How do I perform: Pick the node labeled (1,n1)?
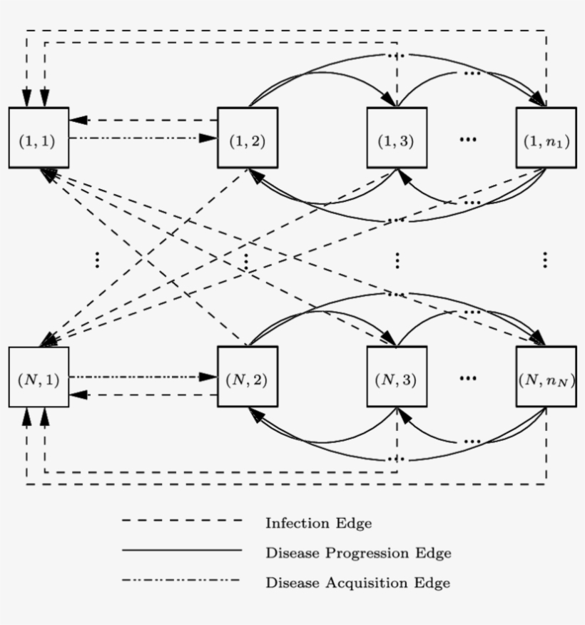pos(546,138)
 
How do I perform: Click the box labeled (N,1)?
pos(39,377)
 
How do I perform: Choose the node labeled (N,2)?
pos(248,377)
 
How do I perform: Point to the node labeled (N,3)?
pos(397,377)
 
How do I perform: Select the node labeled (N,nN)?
pos(546,377)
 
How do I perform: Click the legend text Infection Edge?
pos(318,523)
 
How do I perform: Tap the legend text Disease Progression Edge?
pos(358,553)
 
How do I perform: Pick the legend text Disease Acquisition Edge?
pos(357,583)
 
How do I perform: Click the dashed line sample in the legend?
pos(182,521)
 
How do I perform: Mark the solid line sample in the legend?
pos(182,550)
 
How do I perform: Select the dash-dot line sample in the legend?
pos(182,580)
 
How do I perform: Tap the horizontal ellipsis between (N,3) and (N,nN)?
pos(468,377)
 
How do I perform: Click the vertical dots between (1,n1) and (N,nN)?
pos(545,260)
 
